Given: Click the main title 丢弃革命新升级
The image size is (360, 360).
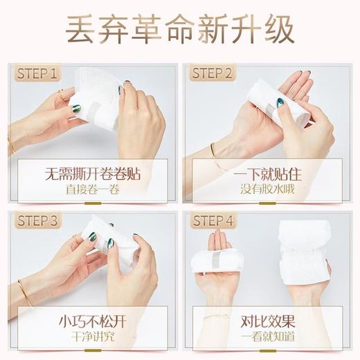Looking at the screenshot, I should click(180, 30).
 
